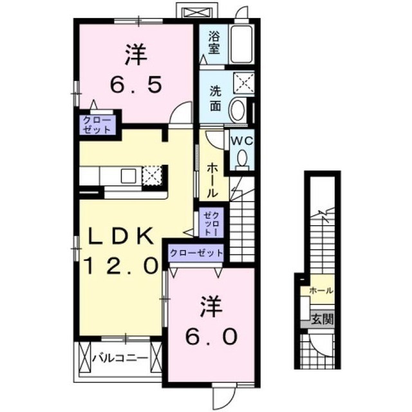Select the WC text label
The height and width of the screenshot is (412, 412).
(x=241, y=141)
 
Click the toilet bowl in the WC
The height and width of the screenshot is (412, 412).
(x=243, y=158)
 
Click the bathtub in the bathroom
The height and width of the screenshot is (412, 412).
(x=242, y=45)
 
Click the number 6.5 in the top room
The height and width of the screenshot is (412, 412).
(x=135, y=84)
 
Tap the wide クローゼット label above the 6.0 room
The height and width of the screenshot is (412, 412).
(x=197, y=253)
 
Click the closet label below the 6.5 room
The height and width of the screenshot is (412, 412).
(x=97, y=124)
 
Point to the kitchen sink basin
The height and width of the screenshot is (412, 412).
(x=127, y=175)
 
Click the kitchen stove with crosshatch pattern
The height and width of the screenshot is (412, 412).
(x=152, y=175)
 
